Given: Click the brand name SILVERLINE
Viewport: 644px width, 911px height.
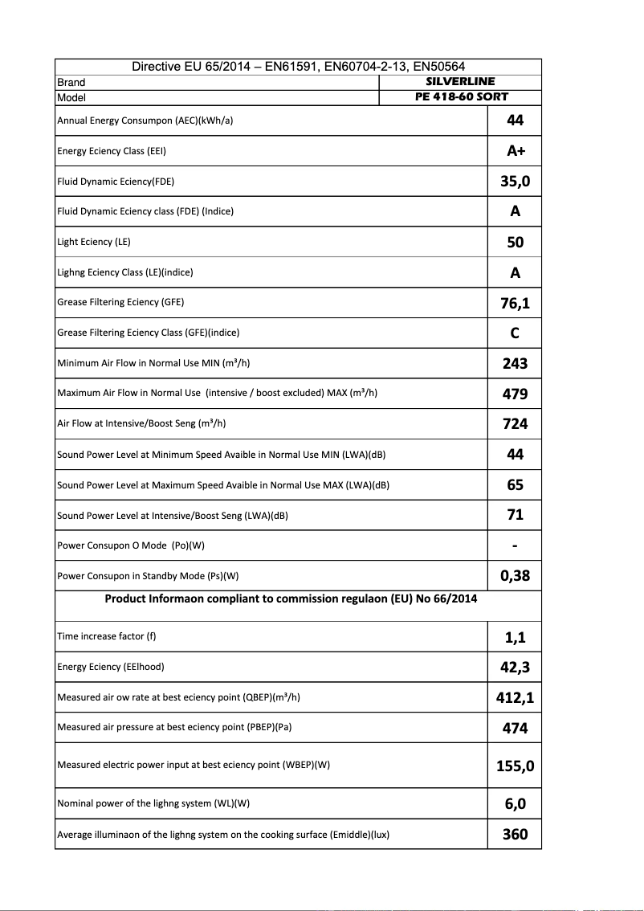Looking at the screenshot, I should click(x=460, y=81).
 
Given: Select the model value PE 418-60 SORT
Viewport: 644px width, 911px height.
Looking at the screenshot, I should click(x=460, y=96).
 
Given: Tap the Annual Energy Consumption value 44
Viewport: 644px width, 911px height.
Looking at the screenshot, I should click(x=515, y=121).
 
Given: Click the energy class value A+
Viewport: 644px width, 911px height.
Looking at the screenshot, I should click(x=515, y=151).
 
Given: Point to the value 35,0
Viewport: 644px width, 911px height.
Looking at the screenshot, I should click(x=515, y=182).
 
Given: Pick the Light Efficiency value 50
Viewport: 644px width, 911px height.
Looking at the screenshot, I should click(x=515, y=242).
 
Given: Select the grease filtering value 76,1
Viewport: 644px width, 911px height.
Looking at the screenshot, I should click(x=515, y=303).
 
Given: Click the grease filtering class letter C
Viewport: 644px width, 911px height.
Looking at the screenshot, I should click(x=515, y=333).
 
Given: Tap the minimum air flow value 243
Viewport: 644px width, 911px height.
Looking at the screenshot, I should click(x=515, y=363).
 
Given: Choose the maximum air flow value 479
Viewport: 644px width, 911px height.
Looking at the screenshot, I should click(x=515, y=394).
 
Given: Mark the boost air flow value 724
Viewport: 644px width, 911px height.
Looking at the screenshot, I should click(x=515, y=424).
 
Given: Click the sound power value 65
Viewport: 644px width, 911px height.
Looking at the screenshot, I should click(x=515, y=485).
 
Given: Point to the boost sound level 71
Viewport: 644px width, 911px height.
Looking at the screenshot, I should click(x=515, y=515).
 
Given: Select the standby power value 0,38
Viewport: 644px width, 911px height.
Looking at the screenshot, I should click(x=515, y=576).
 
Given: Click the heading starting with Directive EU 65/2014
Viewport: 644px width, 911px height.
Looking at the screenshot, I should click(x=298, y=67).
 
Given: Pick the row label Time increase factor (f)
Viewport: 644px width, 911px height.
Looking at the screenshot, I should click(x=107, y=636).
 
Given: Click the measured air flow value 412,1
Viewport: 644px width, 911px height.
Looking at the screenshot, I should click(x=515, y=697).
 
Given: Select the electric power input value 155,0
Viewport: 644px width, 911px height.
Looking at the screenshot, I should click(x=515, y=766).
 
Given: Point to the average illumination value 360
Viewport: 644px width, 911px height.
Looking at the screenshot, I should click(x=515, y=834).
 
